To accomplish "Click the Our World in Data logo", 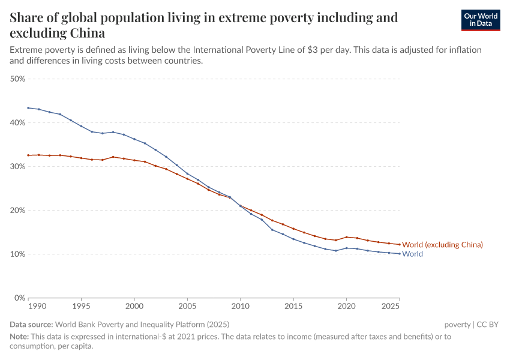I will [480, 20].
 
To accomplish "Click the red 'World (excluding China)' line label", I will [442, 245].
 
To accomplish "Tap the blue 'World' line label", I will [412, 254].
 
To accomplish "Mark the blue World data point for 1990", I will [28, 108].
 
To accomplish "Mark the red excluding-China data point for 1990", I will [28, 155].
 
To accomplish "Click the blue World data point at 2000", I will [134, 139].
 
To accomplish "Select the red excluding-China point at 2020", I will [346, 237].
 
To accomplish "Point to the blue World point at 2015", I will [293, 239].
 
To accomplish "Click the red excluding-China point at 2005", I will [187, 179].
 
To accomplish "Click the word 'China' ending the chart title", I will [86, 33].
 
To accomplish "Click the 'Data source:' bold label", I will [31, 325].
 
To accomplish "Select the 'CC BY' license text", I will [488, 325].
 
